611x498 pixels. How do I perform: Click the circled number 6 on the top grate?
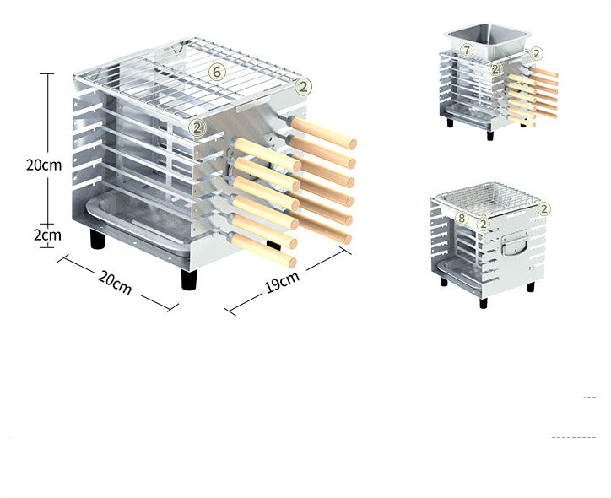click(x=218, y=72)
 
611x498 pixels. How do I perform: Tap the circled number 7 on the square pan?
click(x=468, y=51)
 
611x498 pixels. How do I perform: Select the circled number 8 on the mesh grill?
click(x=461, y=218)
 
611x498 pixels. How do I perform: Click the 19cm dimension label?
click(x=281, y=284)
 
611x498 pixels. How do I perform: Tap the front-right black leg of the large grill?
click(x=189, y=279)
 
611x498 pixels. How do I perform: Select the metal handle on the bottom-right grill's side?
click(x=511, y=247)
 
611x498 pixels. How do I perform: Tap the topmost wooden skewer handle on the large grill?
click(x=325, y=133)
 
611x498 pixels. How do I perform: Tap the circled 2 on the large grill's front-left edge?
click(x=197, y=128)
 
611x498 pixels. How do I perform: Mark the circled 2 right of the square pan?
click(x=538, y=52)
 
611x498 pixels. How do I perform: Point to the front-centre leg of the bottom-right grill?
click(x=484, y=300)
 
